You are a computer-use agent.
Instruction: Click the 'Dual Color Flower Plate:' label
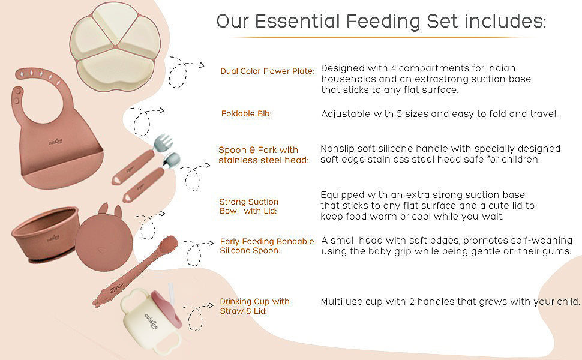267,71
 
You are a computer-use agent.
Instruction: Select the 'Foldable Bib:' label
246,114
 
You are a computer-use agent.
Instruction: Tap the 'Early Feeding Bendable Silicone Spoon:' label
267,246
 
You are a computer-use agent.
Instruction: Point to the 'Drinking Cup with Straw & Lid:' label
254,306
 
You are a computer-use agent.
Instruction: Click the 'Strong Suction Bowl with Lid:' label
249,207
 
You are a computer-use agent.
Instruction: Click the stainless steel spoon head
172,160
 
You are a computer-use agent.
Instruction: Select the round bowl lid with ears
104,237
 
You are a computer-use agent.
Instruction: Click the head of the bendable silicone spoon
168,244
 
